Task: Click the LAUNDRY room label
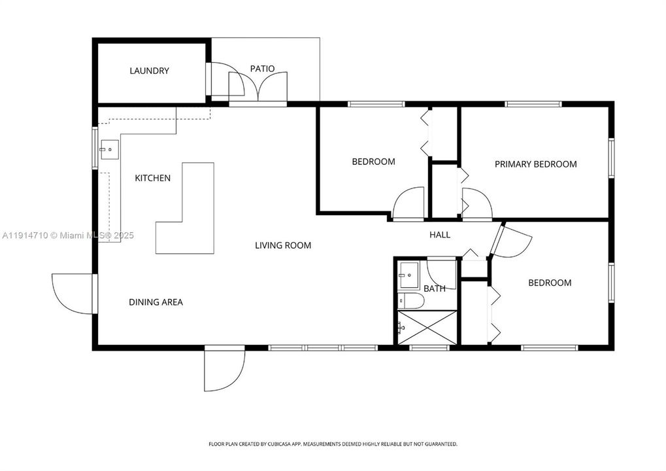point(149,71)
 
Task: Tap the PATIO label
point(262,68)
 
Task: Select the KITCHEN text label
point(152,178)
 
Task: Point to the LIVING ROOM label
point(282,245)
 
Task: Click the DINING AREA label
point(156,302)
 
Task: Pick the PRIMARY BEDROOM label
point(535,164)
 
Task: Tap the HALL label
point(439,235)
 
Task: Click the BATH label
point(434,288)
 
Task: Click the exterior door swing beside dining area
point(74,294)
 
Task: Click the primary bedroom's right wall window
point(611,158)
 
